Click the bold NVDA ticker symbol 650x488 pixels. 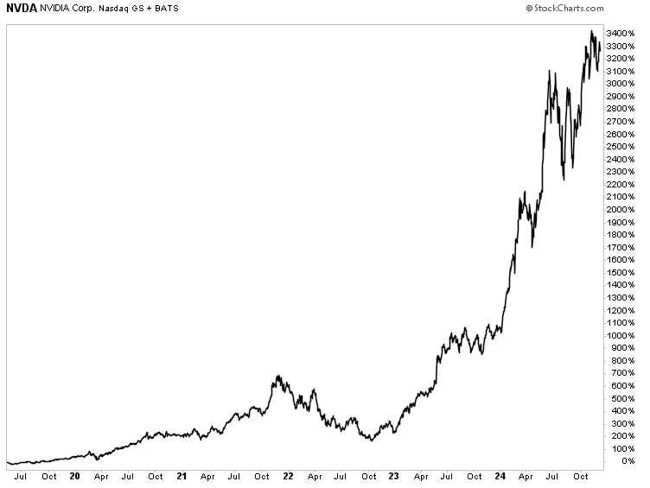click(x=22, y=8)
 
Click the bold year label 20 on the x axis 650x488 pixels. click(x=74, y=476)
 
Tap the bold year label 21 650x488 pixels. click(x=182, y=476)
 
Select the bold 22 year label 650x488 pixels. click(x=288, y=476)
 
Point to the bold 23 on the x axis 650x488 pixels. click(x=394, y=476)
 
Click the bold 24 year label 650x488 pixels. click(x=500, y=476)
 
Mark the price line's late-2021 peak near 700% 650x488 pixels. click(x=277, y=376)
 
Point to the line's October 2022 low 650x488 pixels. click(x=371, y=440)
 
